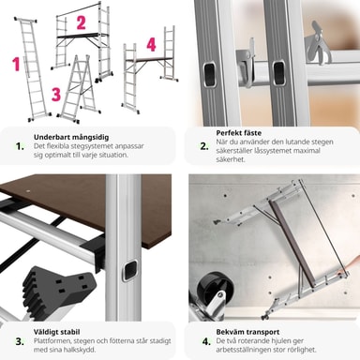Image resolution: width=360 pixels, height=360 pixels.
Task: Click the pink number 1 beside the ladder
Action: coord(16,64)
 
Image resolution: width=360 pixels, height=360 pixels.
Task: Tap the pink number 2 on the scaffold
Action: coord(81,22)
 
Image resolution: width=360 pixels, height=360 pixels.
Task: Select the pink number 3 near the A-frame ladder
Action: coord(56,94)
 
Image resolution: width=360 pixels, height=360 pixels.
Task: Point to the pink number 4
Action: coord(151,44)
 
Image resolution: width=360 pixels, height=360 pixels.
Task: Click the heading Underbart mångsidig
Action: coord(71,137)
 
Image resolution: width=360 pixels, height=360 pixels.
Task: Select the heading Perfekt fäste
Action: coord(239,133)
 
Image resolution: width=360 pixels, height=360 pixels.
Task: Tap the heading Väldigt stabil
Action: coord(57,332)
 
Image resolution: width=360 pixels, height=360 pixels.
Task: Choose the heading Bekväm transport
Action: coord(247,332)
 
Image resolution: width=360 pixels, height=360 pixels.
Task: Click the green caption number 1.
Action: coord(20,146)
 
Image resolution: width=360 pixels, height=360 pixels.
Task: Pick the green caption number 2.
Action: coord(204,146)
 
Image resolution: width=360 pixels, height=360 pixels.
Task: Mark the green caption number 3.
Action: coord(20,341)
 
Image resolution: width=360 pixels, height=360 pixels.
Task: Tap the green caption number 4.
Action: coord(206,341)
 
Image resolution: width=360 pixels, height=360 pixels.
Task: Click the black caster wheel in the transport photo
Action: coord(210,286)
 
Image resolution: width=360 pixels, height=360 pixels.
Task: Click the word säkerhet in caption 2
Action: coord(231,159)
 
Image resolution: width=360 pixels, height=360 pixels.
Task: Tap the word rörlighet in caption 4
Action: coord(302,350)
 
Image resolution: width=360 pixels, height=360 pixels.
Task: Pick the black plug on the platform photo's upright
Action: coord(129,270)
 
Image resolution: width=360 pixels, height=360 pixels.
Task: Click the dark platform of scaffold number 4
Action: coord(149,59)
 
